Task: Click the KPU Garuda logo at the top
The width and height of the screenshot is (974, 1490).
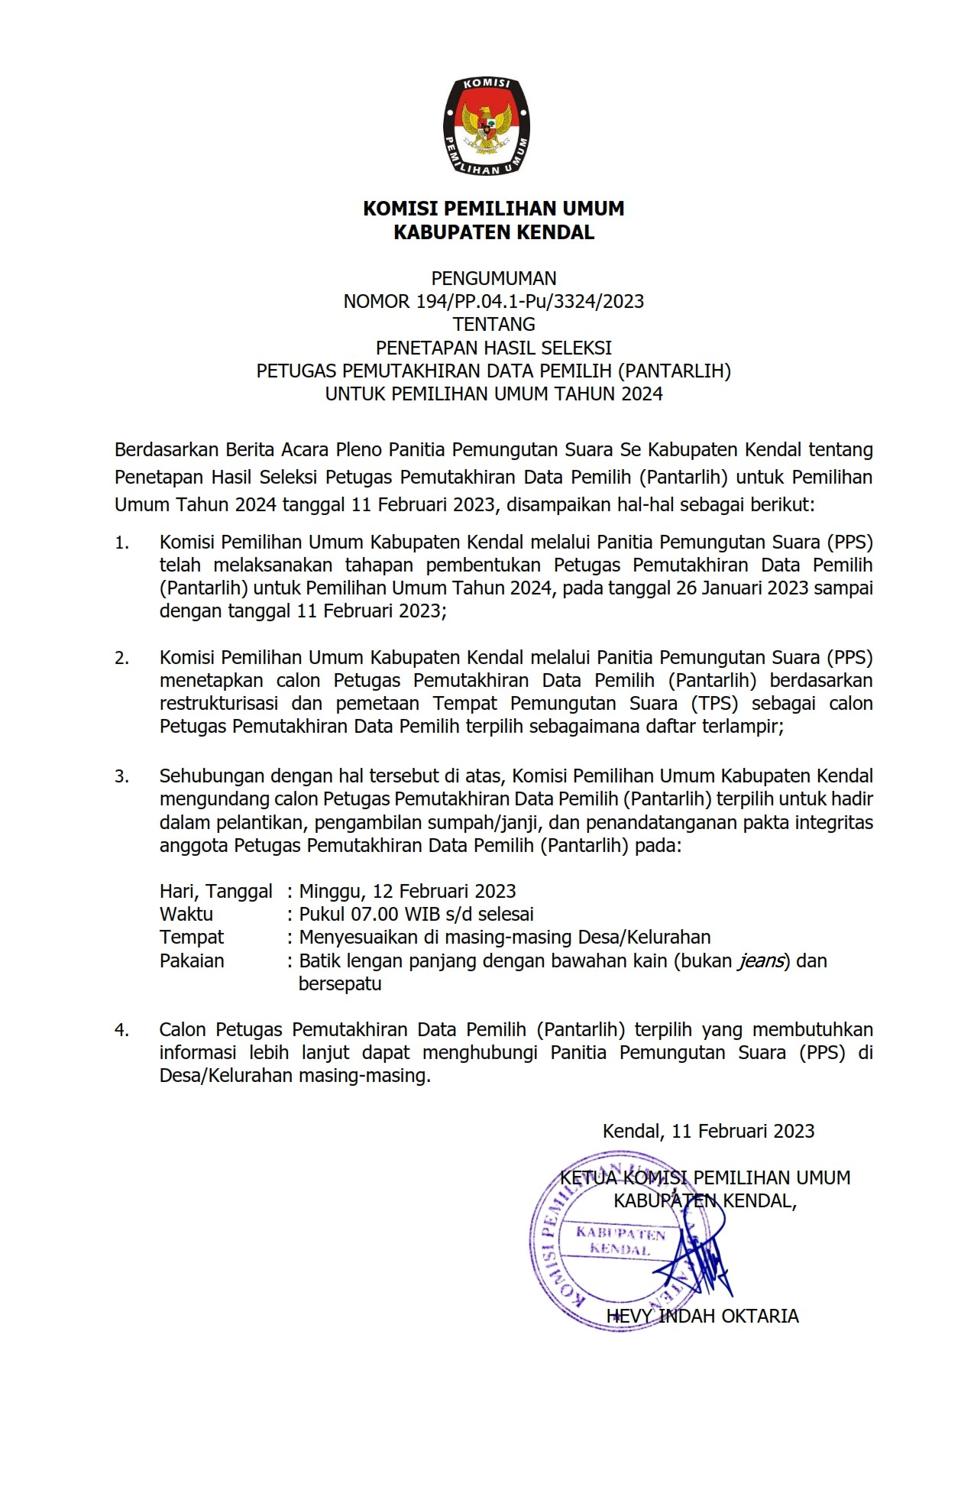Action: point(486,126)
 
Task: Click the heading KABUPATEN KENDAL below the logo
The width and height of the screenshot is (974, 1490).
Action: point(493,232)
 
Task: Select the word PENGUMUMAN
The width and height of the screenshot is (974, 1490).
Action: point(493,278)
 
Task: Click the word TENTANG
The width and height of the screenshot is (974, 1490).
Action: point(493,324)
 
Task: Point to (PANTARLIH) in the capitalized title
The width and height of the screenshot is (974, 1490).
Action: point(674,371)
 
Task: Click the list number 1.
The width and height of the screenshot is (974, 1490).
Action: point(121,543)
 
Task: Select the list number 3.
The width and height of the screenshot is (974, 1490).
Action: point(121,776)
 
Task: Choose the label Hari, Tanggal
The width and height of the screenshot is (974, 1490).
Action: point(215,891)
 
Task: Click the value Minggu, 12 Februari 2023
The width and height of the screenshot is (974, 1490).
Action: point(407,891)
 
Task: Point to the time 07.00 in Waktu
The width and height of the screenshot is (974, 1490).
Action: point(374,914)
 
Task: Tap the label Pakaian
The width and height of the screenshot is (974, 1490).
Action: point(192,960)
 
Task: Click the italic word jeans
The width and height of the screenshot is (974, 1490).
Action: point(761,960)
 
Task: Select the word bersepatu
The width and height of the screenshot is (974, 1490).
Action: point(339,983)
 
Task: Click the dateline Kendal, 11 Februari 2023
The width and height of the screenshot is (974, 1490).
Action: point(708,1131)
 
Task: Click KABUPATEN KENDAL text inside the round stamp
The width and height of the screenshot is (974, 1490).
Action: point(620,1242)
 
